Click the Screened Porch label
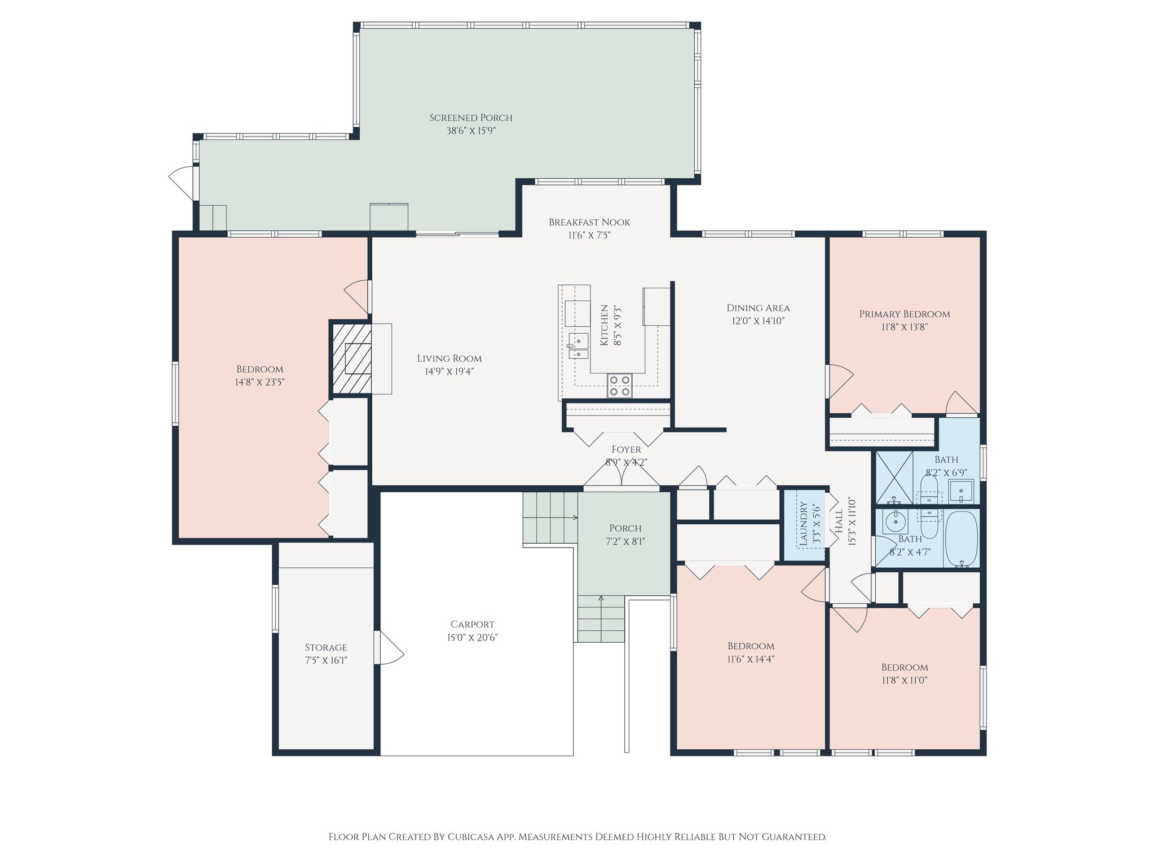point(471,118)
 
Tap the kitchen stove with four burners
point(619,386)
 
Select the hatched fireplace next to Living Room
point(351,359)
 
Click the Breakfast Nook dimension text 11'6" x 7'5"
point(589,235)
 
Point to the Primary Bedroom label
point(904,314)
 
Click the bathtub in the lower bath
point(961,538)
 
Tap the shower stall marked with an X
point(893,478)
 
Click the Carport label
point(473,624)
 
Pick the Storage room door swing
point(391,648)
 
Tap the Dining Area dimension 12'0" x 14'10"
point(758,321)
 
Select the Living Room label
point(449,358)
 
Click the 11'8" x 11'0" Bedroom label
point(904,667)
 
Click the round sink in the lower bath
point(895,522)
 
